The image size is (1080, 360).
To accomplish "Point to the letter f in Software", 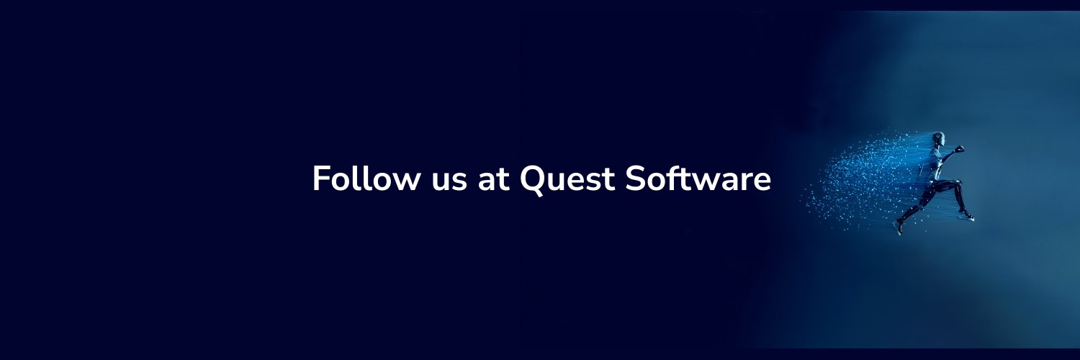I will click(673, 179).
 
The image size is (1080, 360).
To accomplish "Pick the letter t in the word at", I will click(503, 180).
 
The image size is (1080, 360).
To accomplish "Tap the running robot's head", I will click(938, 138).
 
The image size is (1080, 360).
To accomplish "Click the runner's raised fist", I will click(959, 149).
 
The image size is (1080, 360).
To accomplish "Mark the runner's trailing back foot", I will click(898, 227).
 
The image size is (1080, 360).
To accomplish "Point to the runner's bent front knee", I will click(958, 184).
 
